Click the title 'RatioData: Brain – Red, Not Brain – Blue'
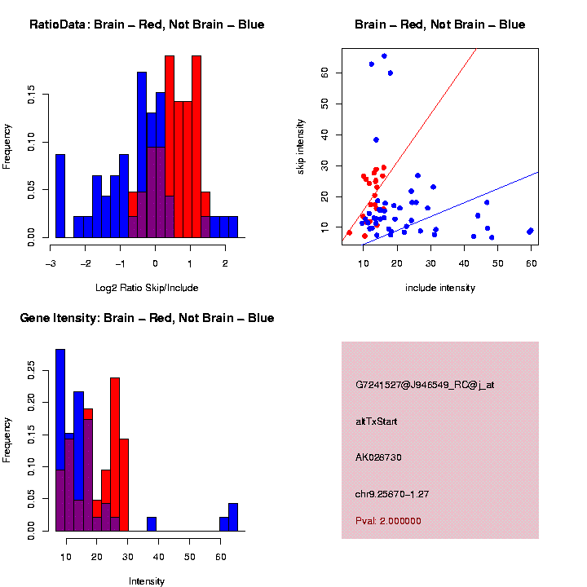click(147, 24)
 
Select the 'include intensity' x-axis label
click(440, 288)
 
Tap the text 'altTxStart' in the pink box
click(377, 421)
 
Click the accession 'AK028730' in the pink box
click(379, 457)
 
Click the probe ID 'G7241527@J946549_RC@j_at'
click(425, 385)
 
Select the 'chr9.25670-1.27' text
click(392, 493)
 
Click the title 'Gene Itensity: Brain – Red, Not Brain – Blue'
click(147, 318)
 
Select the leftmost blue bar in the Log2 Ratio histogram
click(60, 196)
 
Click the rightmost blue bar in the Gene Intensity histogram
click(233, 517)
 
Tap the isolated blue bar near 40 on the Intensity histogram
click(152, 523)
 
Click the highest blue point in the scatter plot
click(384, 56)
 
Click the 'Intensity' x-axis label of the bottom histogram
click(147, 581)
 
